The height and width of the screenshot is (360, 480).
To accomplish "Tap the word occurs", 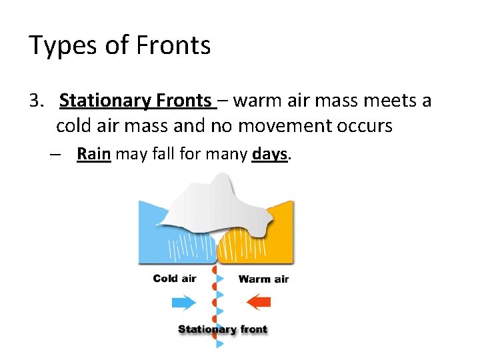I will click(362, 125).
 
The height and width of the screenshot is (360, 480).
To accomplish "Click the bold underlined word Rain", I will click(93, 155).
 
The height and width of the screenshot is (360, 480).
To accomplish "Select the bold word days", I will click(269, 155).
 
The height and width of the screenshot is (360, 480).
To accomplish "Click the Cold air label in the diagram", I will click(175, 278).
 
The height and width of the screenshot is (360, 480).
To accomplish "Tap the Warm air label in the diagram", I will click(264, 279).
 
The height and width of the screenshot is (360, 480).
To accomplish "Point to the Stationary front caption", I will click(222, 329).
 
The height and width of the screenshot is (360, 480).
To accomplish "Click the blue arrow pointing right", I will click(184, 302).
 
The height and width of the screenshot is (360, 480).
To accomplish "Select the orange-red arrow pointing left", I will click(259, 302).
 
